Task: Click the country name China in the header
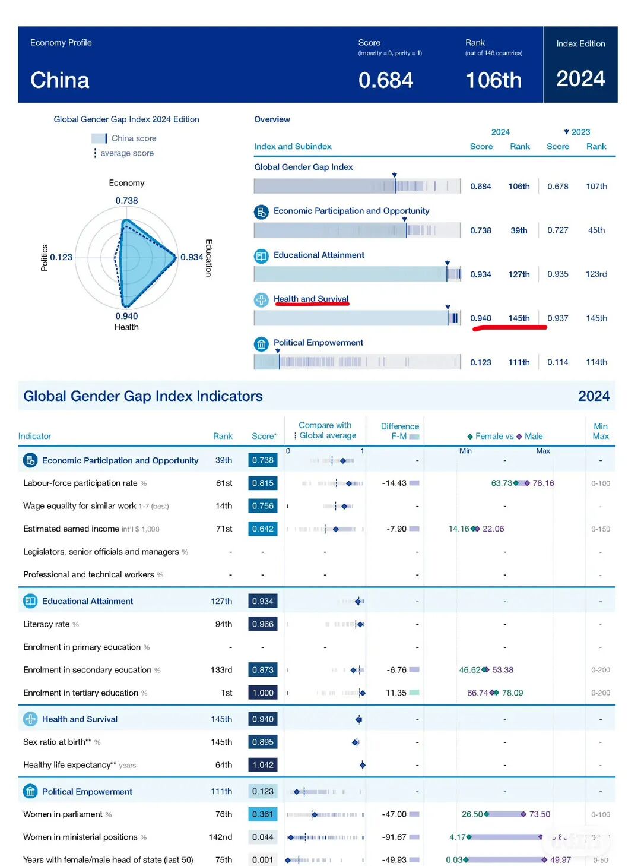(x=60, y=80)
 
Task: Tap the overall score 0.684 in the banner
(x=386, y=80)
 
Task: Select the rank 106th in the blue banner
(x=493, y=80)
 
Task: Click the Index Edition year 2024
(x=580, y=79)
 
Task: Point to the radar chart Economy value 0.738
(x=126, y=201)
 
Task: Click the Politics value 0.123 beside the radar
(x=61, y=257)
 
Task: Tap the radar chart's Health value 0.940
(x=126, y=316)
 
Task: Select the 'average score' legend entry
(x=126, y=153)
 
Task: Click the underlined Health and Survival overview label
(x=311, y=299)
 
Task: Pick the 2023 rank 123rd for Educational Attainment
(x=596, y=274)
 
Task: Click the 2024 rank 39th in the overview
(x=519, y=230)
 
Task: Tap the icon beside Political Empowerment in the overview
(x=261, y=344)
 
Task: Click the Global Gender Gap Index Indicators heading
(x=143, y=396)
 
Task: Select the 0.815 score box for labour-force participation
(x=263, y=483)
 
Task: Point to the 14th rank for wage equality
(x=224, y=506)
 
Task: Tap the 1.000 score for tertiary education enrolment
(x=263, y=693)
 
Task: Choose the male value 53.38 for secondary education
(x=503, y=670)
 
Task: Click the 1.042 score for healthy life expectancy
(x=263, y=765)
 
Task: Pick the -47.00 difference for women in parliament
(x=394, y=814)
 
